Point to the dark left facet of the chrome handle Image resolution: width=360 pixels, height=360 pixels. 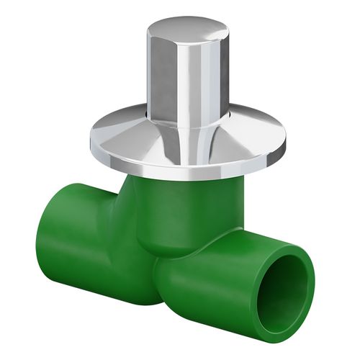tap(160, 76)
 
